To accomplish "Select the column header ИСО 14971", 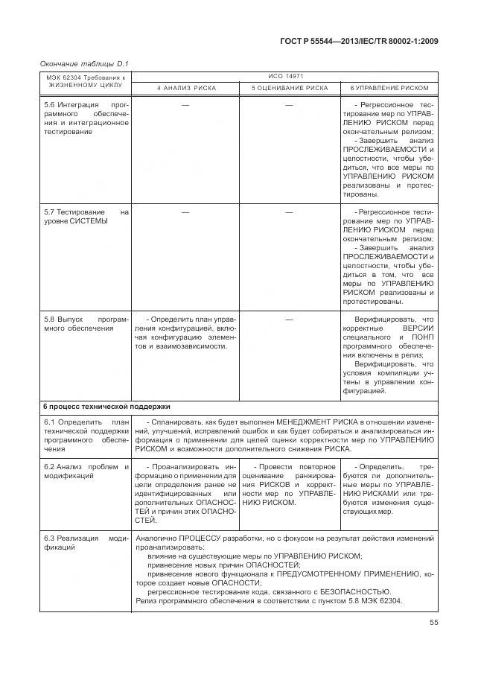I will [286, 77].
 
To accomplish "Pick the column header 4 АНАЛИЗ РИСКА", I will [186, 88].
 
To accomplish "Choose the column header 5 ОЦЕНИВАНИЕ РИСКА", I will [289, 88].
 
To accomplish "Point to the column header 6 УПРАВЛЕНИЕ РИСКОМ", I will [389, 88].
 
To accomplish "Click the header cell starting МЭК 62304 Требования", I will [86, 81].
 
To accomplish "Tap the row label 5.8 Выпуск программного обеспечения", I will [86, 322].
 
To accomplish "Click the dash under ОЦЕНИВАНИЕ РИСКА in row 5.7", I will [289, 212].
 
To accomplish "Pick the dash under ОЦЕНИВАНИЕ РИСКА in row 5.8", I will [289, 319].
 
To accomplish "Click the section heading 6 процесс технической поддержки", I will [106, 407].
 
